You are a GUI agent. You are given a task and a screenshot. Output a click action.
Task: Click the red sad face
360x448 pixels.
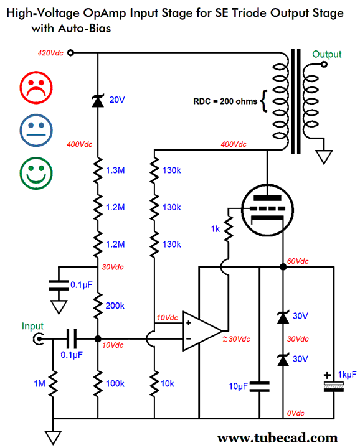tap(37, 86)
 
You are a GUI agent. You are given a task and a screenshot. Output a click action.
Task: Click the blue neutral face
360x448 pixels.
tap(37, 129)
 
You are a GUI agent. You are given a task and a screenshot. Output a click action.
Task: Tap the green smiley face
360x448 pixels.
tap(37, 172)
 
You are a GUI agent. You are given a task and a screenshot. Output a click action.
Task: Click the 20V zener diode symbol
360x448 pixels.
tap(97, 100)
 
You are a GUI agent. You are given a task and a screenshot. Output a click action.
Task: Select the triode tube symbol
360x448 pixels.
tap(266, 211)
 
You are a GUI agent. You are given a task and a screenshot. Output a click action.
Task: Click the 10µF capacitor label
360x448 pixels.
tap(238, 386)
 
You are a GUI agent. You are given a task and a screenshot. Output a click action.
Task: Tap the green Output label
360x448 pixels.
tap(326, 54)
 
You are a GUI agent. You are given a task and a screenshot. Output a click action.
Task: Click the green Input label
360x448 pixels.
tap(32, 326)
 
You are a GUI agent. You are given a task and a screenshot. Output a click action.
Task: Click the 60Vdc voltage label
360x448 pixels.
tap(299, 261)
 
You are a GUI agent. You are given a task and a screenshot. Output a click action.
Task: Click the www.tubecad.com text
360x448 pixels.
tap(278, 437)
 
